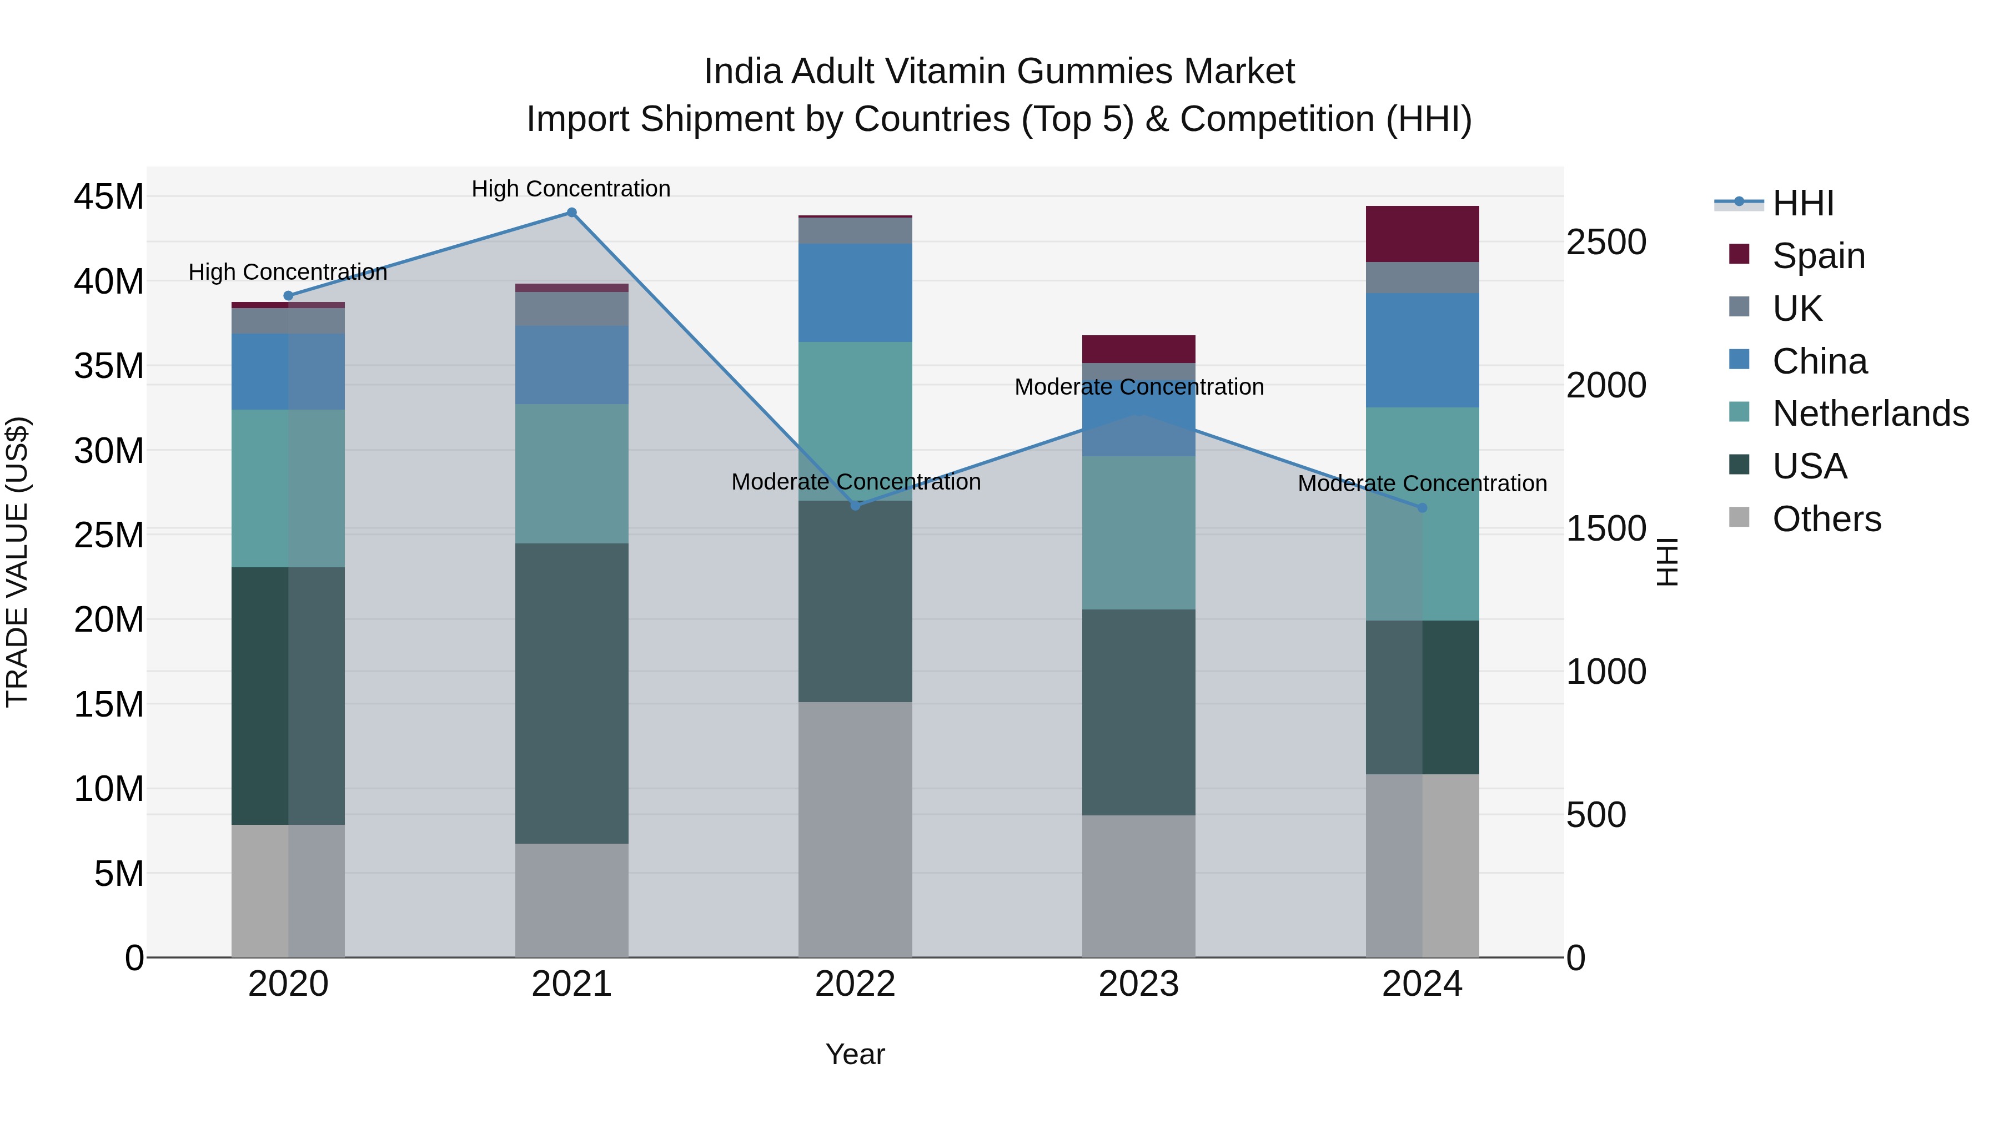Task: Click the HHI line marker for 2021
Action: click(x=571, y=213)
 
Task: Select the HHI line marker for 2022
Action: click(x=855, y=506)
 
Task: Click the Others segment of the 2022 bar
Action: click(x=855, y=829)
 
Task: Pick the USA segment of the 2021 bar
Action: click(x=571, y=693)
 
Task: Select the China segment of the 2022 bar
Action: click(x=855, y=293)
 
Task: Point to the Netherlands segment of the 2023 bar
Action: click(x=1138, y=532)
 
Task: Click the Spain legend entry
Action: click(x=1818, y=255)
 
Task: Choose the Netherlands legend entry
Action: click(x=1870, y=414)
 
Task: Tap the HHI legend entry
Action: click(x=1802, y=203)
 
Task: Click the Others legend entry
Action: click(x=1826, y=519)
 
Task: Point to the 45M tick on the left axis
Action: click(x=109, y=197)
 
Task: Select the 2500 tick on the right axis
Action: click(x=1605, y=242)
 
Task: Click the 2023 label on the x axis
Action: click(x=1138, y=984)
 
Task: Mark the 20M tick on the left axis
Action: click(x=109, y=620)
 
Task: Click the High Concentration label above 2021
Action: click(x=571, y=189)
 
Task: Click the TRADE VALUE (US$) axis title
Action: click(x=17, y=562)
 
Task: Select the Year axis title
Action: click(x=855, y=1054)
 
